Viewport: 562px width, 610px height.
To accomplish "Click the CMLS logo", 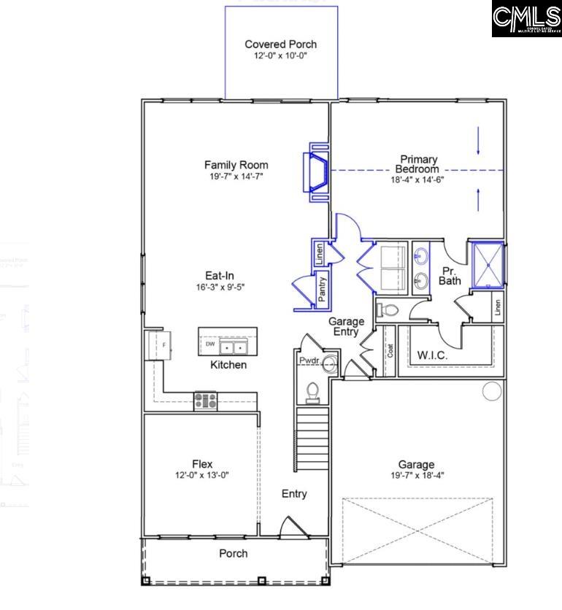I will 525,18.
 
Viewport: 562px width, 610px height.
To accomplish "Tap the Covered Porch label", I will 280,45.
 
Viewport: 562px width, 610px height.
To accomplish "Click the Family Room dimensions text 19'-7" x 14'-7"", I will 236,177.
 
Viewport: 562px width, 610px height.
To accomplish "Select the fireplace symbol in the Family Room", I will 315,171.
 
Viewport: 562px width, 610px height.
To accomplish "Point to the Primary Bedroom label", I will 417,164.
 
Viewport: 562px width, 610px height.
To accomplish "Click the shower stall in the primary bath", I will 485,263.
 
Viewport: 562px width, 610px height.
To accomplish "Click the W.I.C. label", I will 431,355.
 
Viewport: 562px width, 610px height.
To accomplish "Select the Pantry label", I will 322,289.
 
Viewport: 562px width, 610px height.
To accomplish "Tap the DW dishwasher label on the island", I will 209,344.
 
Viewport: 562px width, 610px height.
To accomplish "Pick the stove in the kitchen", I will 205,401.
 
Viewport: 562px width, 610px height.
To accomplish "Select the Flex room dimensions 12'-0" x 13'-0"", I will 202,475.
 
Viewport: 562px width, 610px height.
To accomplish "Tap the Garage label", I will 416,464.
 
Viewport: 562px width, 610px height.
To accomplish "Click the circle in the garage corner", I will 492,391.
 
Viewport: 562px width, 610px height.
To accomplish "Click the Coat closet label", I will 390,351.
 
